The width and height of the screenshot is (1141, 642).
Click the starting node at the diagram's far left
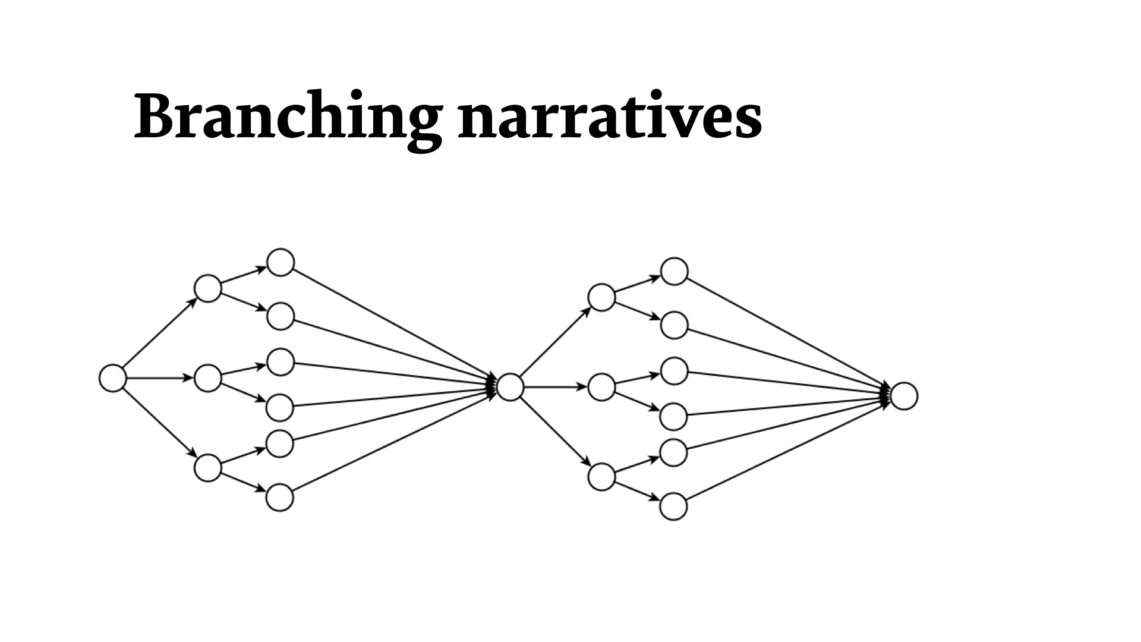113,378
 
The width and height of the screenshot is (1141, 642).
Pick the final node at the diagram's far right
903,396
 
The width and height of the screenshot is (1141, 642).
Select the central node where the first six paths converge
510,387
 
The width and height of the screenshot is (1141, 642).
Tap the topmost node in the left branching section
280,262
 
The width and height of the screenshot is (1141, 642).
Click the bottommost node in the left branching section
280,498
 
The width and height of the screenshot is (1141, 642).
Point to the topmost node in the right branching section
674,272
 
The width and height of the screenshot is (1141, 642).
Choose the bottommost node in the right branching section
674,506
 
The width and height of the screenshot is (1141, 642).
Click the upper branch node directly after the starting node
208,288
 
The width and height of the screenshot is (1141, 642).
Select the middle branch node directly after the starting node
208,378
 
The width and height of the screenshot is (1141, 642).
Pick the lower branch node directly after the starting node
208,467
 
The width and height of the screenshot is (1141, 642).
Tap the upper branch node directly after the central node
601,297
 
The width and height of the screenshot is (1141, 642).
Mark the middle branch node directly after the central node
601,387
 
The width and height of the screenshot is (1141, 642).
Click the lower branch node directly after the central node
601,476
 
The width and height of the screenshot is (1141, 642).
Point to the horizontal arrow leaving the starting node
160,378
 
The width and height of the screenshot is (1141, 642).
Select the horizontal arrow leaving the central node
556,387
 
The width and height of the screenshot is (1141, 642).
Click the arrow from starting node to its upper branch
160,333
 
